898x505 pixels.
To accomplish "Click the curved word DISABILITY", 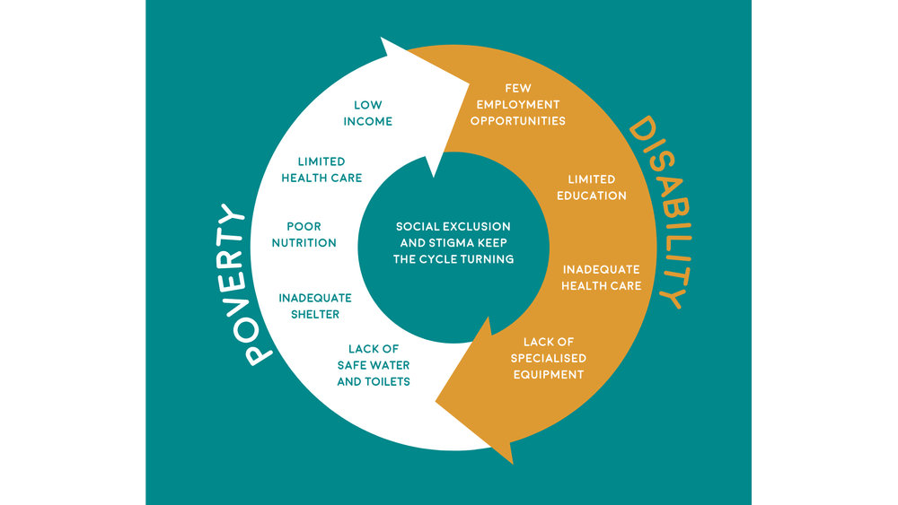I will point(662,212).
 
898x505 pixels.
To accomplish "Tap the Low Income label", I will point(367,113).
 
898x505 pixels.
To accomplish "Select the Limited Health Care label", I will point(321,170).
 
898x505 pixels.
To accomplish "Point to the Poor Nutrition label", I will point(304,234).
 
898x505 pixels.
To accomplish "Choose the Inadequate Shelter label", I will point(314,306).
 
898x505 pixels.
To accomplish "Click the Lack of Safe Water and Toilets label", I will point(374,365).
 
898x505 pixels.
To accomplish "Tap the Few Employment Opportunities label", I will point(521,104).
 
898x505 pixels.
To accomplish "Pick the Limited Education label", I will point(591,187).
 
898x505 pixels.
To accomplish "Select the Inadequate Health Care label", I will point(601,277).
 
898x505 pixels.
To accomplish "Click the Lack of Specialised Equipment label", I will point(549,358).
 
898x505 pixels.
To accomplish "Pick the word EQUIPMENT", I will point(549,374).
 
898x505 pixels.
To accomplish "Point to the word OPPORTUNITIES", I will point(521,120).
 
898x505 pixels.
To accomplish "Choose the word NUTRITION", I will point(304,242).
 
